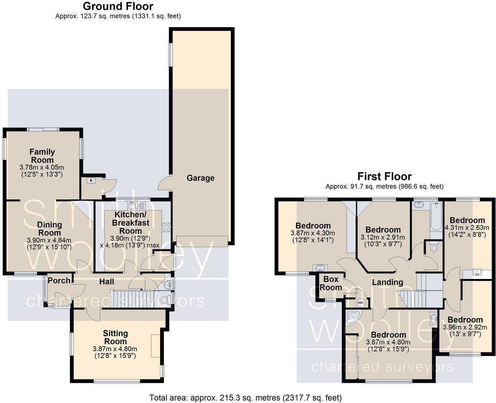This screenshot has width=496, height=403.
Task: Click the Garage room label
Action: (x=200, y=178)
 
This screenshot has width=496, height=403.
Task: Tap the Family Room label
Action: (x=42, y=156)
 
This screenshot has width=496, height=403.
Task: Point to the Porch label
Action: (x=59, y=280)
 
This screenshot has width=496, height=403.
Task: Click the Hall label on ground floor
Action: (x=107, y=281)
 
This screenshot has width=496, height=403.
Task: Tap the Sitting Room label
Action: (x=115, y=337)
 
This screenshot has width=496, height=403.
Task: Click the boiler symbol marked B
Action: (x=91, y=180)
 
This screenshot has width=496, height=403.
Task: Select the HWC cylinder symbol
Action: (x=361, y=303)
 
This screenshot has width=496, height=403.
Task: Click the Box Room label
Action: (x=331, y=283)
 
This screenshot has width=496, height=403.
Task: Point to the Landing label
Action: (x=387, y=282)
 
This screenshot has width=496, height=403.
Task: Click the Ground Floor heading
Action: (x=118, y=6)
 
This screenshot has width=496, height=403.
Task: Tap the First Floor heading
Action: (x=384, y=176)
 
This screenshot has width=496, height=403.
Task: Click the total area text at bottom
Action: (x=245, y=397)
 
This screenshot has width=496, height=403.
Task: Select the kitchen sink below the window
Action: (x=137, y=206)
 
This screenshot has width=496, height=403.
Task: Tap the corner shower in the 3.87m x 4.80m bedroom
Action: (x=353, y=318)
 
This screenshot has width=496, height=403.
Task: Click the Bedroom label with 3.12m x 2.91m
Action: (x=383, y=230)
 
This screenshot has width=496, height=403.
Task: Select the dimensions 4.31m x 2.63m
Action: (x=467, y=227)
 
